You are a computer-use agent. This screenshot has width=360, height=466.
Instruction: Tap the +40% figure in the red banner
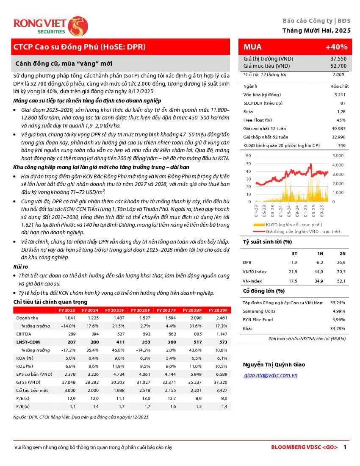coord(336,47)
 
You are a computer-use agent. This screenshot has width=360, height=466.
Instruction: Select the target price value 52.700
coord(338,66)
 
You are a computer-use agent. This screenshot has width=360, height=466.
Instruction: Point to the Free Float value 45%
coord(341,120)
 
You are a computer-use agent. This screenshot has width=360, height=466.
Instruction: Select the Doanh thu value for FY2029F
coord(221,318)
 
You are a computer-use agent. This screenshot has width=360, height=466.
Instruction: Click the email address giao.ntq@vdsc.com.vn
coord(271,375)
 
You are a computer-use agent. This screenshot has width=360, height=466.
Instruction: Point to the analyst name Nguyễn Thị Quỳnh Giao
coord(274,365)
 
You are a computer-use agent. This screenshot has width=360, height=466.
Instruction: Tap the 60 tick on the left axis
coord(248,156)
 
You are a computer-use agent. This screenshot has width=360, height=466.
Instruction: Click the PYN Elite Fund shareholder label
coord(258,319)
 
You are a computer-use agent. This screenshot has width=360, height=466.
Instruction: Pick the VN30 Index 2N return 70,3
coord(341,272)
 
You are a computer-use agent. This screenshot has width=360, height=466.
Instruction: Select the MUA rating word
coord(252,47)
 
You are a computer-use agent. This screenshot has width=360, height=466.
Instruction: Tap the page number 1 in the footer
coord(345,447)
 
